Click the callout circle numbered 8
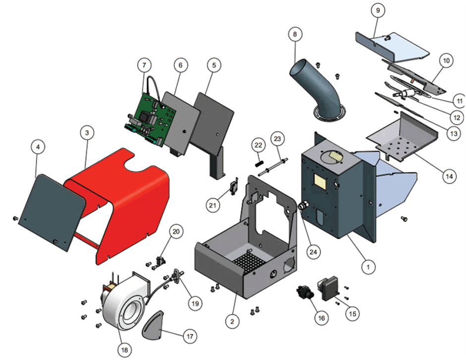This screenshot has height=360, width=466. click(295, 34)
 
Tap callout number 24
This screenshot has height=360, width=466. click(313, 252)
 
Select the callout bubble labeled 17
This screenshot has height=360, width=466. click(190, 336)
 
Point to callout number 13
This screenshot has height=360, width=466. click(454, 133)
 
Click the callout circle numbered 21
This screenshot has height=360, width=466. click(213, 205)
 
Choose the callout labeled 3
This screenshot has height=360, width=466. click(87, 132)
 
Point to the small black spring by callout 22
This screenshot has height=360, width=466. click(258, 163)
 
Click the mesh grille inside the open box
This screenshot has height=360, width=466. click(248, 262)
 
